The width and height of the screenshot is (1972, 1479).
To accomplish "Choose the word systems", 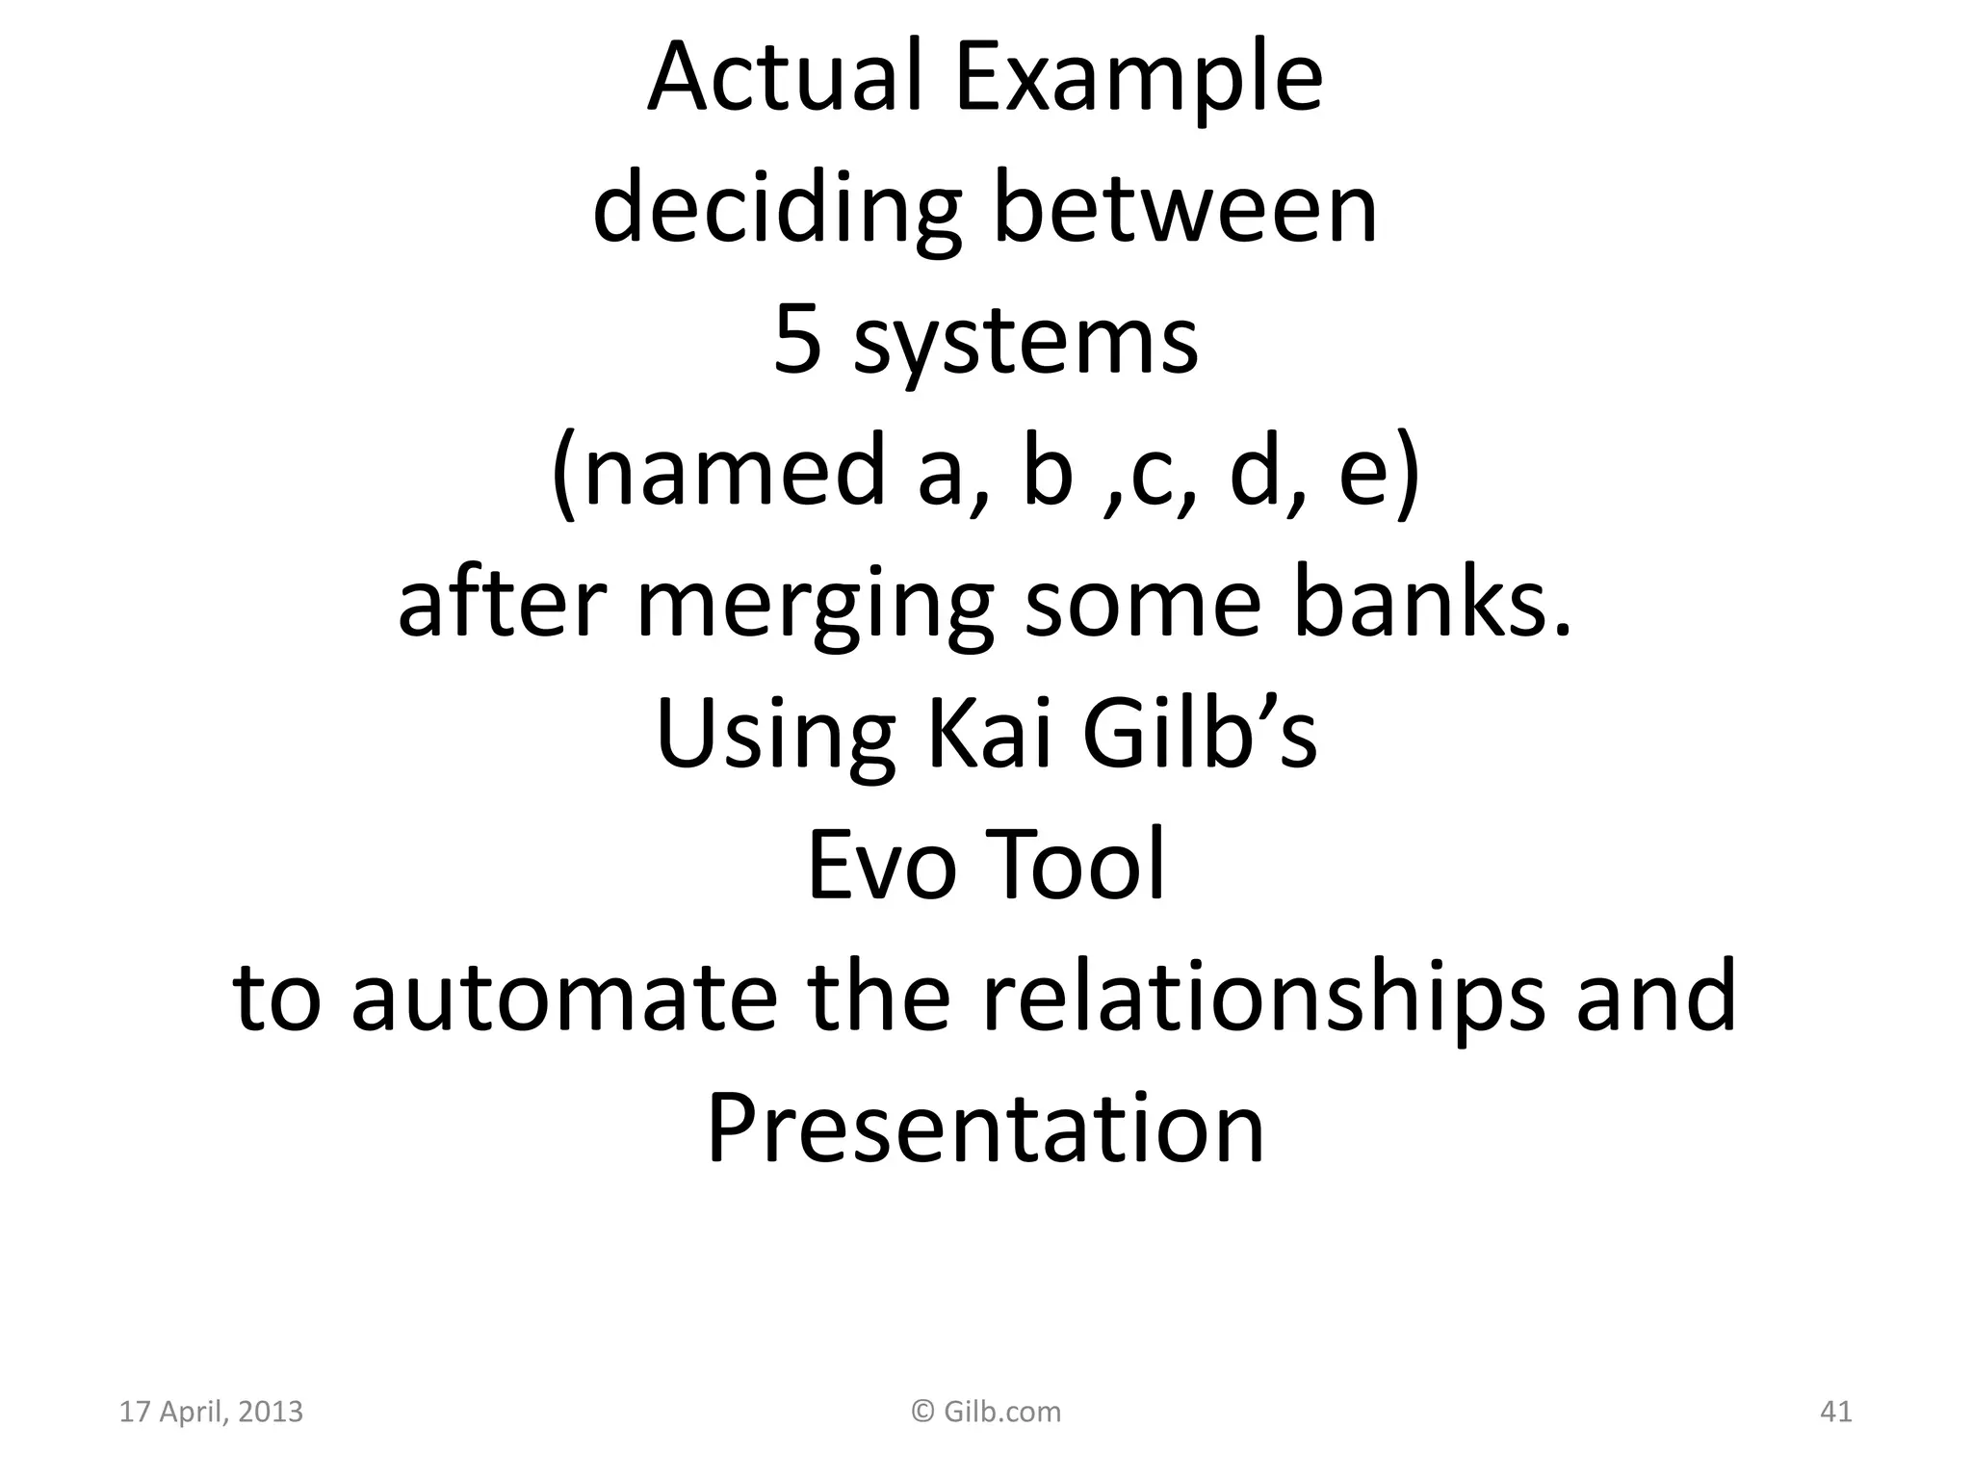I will pos(1025,345).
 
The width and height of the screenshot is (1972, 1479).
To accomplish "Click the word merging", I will pos(815,607).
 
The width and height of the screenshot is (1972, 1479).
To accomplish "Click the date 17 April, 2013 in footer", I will pos(211,1413).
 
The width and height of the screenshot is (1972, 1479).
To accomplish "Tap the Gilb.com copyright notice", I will pos(986,1413).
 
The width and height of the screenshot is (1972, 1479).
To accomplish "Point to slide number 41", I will pos(1835,1413).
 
